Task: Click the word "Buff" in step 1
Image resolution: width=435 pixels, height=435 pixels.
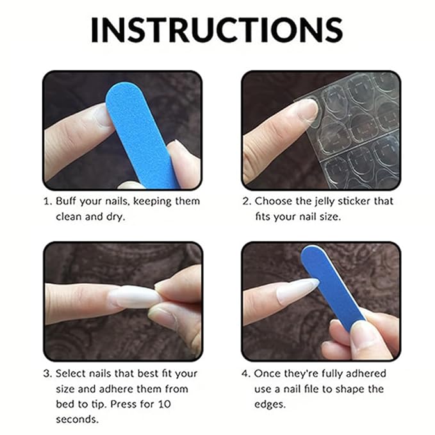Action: coord(67,201)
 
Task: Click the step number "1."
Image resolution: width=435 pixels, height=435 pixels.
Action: coord(47,201)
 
